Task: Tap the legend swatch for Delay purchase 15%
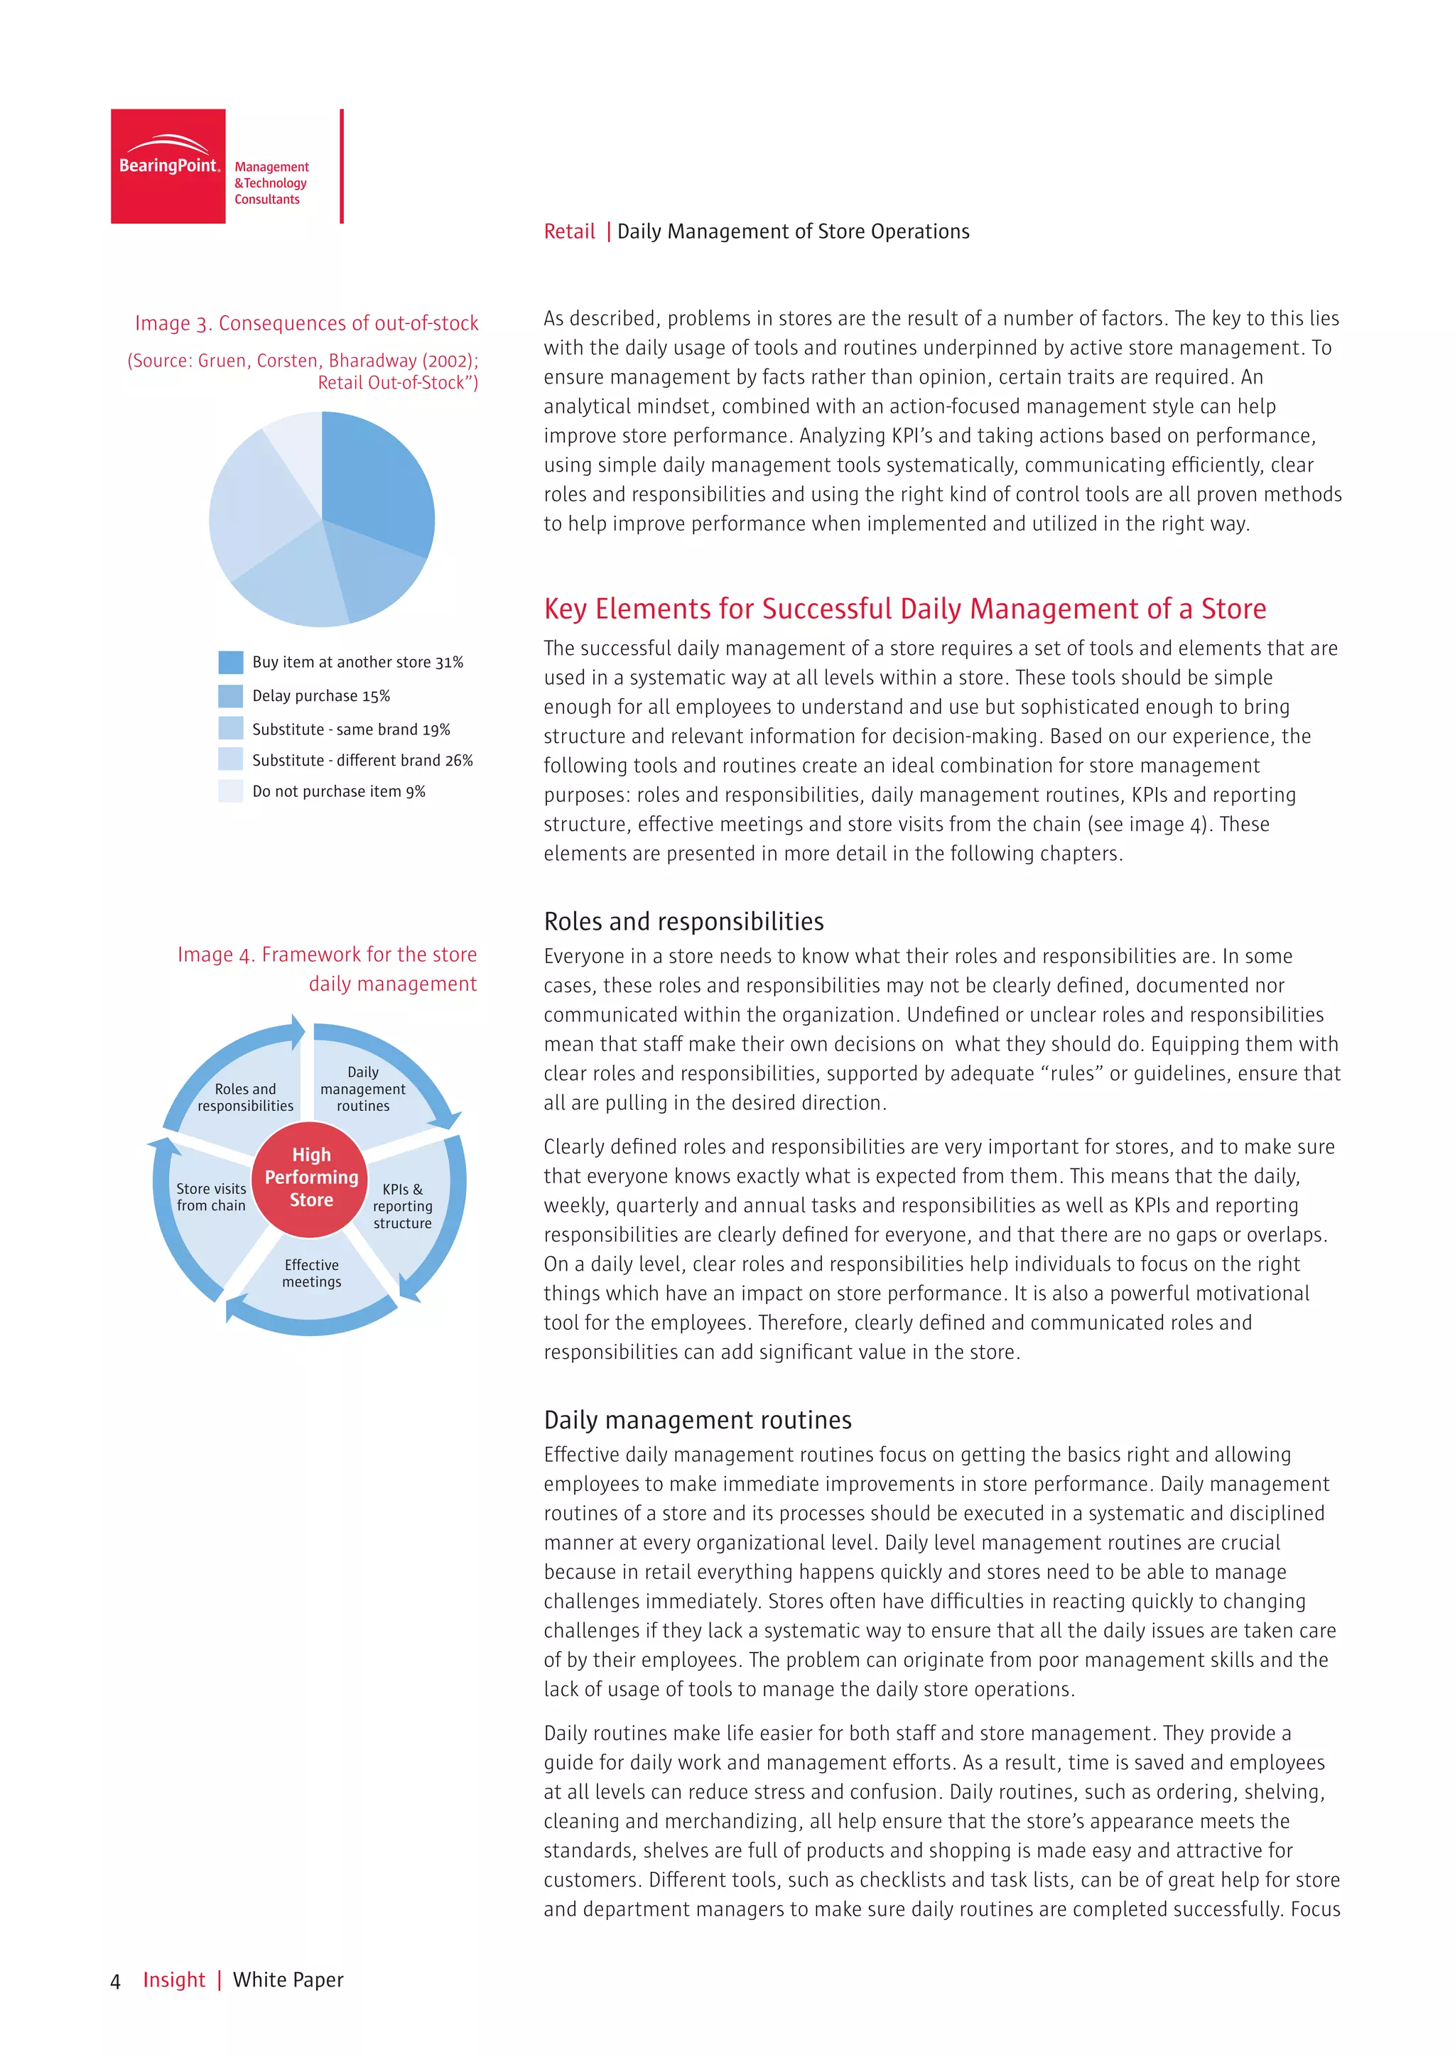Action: tap(230, 696)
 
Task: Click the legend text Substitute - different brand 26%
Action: tap(362, 761)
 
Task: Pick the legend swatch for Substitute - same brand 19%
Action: tap(230, 728)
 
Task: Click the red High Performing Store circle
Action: tap(311, 1177)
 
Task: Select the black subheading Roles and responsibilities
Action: tap(683, 922)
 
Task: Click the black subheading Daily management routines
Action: tap(697, 1420)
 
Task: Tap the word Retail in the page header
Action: tap(569, 232)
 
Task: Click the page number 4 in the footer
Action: tap(114, 1981)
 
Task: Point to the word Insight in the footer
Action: tap(174, 1980)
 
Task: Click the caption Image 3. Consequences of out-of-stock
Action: tap(306, 323)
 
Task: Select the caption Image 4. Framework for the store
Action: tap(326, 955)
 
